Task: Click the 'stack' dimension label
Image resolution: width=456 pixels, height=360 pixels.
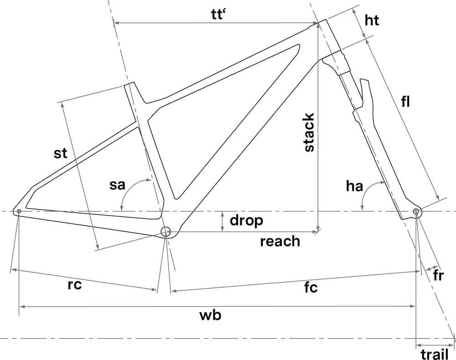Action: [x=309, y=132]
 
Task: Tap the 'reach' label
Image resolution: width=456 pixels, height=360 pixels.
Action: [x=280, y=241]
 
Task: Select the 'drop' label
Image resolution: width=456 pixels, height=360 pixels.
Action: [x=246, y=221]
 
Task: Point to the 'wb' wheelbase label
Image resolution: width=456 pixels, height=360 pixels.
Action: [x=211, y=315]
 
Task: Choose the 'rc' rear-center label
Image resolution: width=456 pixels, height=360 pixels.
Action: [x=74, y=285]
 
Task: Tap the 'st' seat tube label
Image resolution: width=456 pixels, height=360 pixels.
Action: [x=60, y=153]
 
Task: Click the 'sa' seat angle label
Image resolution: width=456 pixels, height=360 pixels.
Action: [x=118, y=186]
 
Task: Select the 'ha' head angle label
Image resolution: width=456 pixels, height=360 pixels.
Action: [x=354, y=186]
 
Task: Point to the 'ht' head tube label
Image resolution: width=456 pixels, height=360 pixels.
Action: [x=372, y=21]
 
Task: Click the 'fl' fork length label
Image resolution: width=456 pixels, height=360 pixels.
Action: [x=405, y=103]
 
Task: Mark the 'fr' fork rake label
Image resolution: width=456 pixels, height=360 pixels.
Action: [x=438, y=276]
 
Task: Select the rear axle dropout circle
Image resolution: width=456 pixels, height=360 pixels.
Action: [x=19, y=211]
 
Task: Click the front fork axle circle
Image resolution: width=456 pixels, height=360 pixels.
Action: [x=415, y=211]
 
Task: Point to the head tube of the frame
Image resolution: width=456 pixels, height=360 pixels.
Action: [x=329, y=37]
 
